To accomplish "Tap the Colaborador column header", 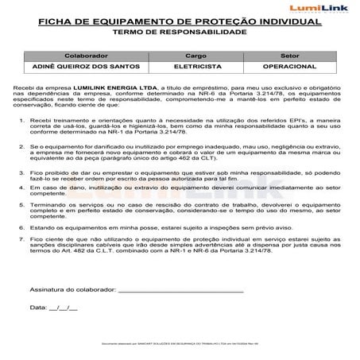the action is (x=87, y=56).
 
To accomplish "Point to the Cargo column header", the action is (x=195, y=56).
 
